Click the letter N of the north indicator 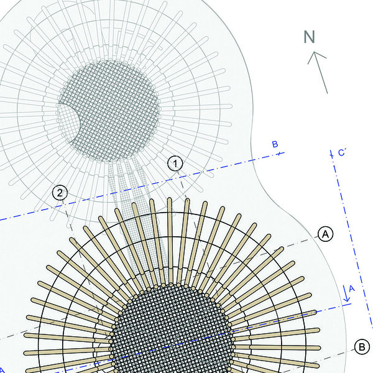point(310,37)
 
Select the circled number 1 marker point(175,163)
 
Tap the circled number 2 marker point(60,193)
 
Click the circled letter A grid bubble point(325,234)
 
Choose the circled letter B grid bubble point(362,347)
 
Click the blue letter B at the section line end point(275,144)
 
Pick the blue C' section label point(341,152)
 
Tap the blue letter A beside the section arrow point(352,288)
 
